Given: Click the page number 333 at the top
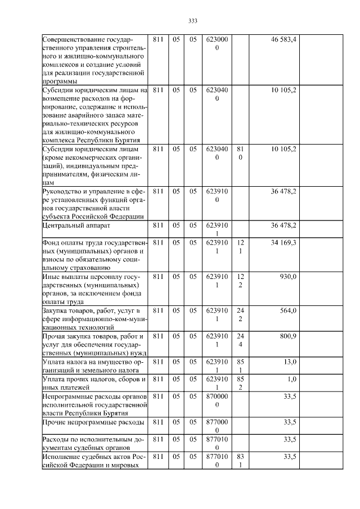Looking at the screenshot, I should [192, 21].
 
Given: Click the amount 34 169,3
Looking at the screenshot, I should [283, 242].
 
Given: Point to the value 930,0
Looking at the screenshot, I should [288, 277].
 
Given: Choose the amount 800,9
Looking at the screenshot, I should [288, 336].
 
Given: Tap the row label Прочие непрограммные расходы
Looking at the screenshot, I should [90, 422].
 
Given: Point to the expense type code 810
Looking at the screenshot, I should [240, 154].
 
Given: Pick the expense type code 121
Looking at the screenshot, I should [240, 246].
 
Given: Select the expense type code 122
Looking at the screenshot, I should [240, 281].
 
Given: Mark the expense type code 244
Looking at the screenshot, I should [240, 340].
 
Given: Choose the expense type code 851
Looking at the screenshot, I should [240, 366].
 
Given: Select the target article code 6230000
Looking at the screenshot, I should [217, 43].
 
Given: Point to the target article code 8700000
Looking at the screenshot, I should [217, 400].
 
